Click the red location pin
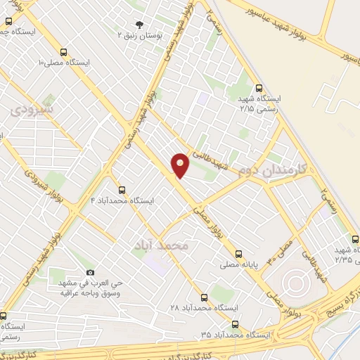[x=180, y=165]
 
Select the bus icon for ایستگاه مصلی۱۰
[x=65, y=52]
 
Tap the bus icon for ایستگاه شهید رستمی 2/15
[x=259, y=89]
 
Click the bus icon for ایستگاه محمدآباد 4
[x=122, y=190]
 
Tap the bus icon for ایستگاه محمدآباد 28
[x=204, y=297]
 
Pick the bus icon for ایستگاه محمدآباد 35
[x=235, y=325]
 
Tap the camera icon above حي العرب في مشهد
[x=90, y=272]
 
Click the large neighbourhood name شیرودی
[x=32, y=110]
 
